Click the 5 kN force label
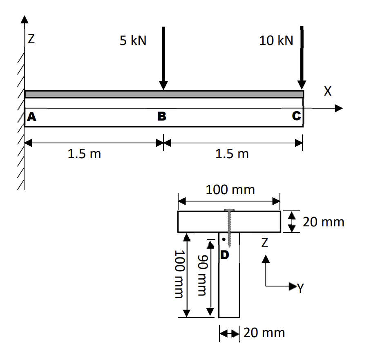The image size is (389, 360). [133, 41]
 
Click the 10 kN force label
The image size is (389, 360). [276, 41]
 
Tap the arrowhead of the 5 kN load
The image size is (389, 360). [163, 85]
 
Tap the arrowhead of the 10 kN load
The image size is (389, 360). [302, 84]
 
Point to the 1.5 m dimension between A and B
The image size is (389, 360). [84, 154]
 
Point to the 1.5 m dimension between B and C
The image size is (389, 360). [232, 154]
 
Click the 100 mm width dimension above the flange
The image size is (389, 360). [230, 190]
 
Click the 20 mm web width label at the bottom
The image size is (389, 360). [264, 333]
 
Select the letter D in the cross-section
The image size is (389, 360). [225, 255]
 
